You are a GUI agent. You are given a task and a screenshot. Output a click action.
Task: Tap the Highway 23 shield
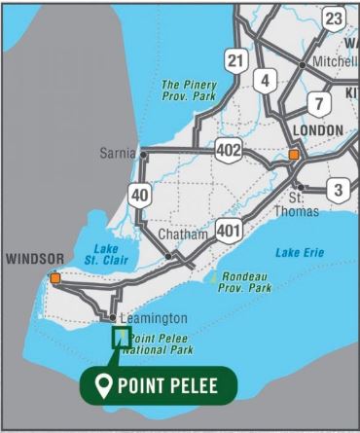coord(335,19)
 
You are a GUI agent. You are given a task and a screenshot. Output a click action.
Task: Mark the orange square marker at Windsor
coord(55,278)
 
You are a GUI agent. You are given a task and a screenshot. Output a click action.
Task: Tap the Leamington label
coord(152,318)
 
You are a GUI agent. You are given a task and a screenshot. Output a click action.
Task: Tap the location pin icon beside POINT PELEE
coord(101,384)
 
